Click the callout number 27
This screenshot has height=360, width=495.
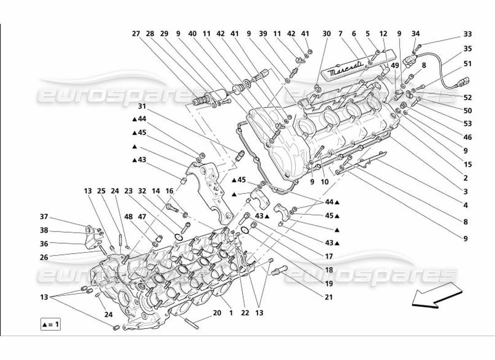(x=136, y=34)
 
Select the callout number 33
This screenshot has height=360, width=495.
(x=468, y=34)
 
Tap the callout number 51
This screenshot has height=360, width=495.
(x=468, y=64)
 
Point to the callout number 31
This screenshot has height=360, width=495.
(x=142, y=106)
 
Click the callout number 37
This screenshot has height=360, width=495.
(x=44, y=216)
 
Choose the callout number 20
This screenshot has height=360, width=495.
(x=216, y=313)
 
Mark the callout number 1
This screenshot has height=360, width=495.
(x=231, y=313)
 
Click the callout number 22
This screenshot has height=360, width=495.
(x=245, y=313)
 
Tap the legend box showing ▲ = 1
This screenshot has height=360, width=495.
(x=50, y=324)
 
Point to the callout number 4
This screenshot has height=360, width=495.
(x=466, y=206)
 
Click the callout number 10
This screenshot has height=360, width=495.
(x=324, y=183)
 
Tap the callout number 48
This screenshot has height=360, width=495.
(x=129, y=216)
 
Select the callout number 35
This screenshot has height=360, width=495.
(x=468, y=49)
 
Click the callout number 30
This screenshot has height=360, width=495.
(x=327, y=34)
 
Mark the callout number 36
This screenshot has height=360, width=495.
(x=44, y=244)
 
